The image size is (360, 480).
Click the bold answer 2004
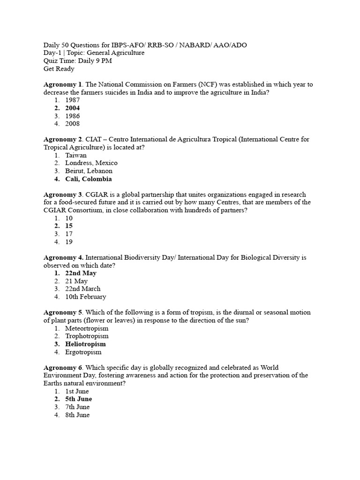pos(72,108)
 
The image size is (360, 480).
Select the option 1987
pos(72,100)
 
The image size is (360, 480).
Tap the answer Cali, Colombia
pos(88,179)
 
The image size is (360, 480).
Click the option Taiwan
pos(75,155)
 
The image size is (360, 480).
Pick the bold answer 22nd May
pos(81,273)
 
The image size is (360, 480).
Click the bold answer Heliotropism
pos(85,344)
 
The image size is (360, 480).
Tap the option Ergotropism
pos(83,352)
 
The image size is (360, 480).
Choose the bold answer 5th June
pos(78,399)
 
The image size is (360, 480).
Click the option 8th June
pos(77,415)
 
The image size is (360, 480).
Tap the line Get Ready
pos(59,69)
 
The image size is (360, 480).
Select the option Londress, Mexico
pos(91,163)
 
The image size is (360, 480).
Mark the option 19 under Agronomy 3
pos(69,242)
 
